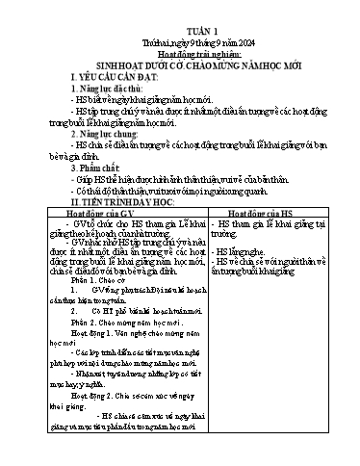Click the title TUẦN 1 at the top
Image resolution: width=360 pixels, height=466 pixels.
click(x=179, y=14)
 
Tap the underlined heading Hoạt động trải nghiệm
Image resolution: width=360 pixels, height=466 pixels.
click(x=179, y=40)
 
